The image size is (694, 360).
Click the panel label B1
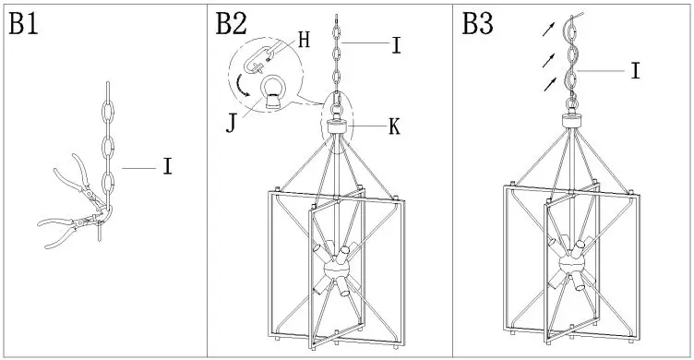click(24, 25)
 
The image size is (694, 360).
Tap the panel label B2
click(232, 25)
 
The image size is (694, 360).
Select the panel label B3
click(478, 25)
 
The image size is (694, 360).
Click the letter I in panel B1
click(167, 167)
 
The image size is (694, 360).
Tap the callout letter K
click(394, 127)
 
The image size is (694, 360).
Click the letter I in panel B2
click(396, 43)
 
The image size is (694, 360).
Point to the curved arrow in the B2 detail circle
click(245, 84)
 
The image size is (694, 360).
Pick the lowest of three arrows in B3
click(549, 84)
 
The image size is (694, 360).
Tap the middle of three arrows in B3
click(549, 57)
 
